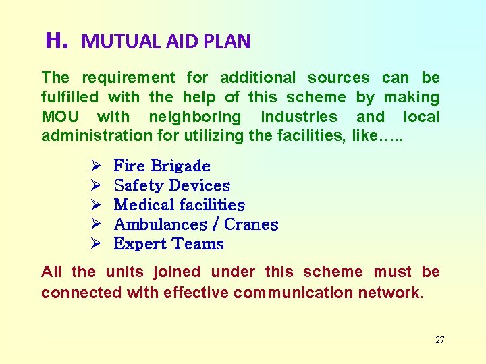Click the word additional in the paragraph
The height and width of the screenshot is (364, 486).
258,78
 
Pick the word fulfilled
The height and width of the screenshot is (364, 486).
70,98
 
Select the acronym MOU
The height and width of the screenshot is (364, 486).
59,117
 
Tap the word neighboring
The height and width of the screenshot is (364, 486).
194,117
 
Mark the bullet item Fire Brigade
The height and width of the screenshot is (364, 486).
162,166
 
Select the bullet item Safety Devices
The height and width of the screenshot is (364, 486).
172,185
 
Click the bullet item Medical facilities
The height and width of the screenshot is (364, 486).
180,205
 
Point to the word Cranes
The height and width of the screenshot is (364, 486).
251,224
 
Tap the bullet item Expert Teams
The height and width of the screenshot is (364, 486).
169,244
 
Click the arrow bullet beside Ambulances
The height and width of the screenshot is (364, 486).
95,224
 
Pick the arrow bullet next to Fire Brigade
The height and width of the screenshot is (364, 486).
95,166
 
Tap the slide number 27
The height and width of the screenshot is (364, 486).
439,340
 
